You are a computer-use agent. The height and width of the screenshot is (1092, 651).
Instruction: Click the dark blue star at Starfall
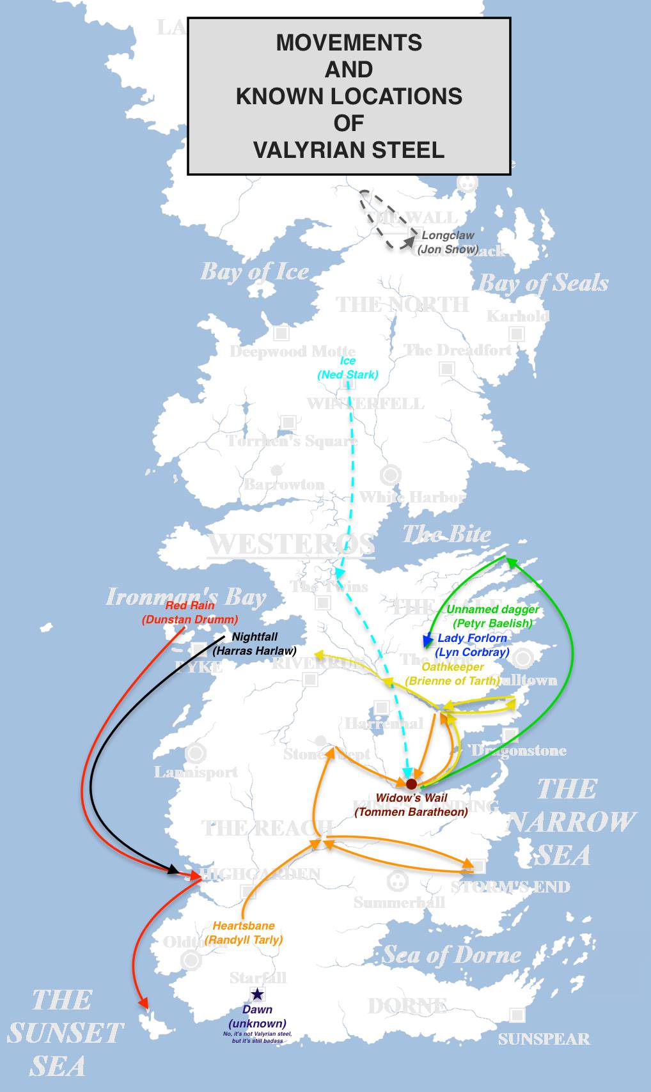[x=257, y=994]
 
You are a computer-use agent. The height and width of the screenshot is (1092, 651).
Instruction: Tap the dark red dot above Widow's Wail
[x=411, y=784]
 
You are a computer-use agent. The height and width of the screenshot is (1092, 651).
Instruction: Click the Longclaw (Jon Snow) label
[x=448, y=242]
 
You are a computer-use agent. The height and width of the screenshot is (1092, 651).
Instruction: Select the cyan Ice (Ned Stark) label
[x=348, y=368]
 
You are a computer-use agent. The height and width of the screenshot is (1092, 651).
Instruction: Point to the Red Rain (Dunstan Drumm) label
[x=190, y=612]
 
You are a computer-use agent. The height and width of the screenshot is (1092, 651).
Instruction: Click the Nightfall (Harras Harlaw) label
[x=255, y=644]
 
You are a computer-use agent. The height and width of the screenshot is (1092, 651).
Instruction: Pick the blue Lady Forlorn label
[x=472, y=645]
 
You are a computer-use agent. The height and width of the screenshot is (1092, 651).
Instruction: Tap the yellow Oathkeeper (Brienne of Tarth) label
[x=452, y=674]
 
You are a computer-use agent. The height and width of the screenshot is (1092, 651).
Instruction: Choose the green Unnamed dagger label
[x=492, y=616]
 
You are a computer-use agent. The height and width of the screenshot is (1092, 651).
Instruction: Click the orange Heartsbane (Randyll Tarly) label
[x=244, y=933]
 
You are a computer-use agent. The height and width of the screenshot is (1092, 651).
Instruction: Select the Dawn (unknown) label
[x=257, y=1017]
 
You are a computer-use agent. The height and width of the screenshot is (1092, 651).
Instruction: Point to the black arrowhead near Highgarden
[x=173, y=870]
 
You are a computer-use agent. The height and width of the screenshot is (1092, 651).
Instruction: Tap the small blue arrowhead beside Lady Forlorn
[x=427, y=641]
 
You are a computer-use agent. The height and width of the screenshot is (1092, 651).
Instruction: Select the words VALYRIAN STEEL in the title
[x=349, y=150]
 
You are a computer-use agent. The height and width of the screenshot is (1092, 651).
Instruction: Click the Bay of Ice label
[x=255, y=272]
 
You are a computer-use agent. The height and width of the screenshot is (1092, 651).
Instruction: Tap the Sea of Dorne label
[x=451, y=955]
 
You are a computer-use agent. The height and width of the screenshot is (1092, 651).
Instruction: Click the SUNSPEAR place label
[x=544, y=1039]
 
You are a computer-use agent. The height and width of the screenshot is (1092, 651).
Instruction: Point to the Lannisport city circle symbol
[x=195, y=753]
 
